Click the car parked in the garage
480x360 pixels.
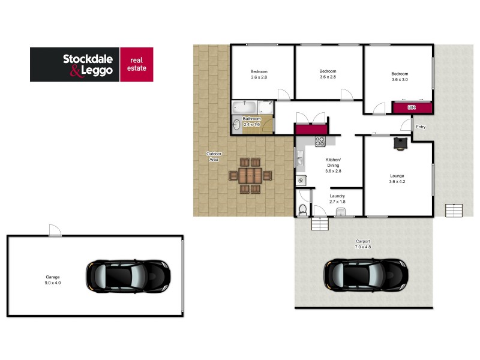click(x=128, y=275)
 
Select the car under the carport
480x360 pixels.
click(x=365, y=275)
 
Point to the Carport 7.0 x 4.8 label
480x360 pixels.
click(x=363, y=244)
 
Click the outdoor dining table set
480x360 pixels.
click(x=250, y=176)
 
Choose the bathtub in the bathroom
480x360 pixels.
click(x=245, y=108)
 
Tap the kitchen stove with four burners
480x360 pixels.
click(x=320, y=142)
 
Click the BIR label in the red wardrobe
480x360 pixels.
click(x=411, y=107)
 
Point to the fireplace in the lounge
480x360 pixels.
click(x=400, y=142)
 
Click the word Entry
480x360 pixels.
click(x=421, y=127)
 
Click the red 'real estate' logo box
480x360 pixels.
click(x=136, y=64)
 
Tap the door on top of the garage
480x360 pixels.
click(x=55, y=231)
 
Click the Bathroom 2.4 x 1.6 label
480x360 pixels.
click(x=251, y=122)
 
